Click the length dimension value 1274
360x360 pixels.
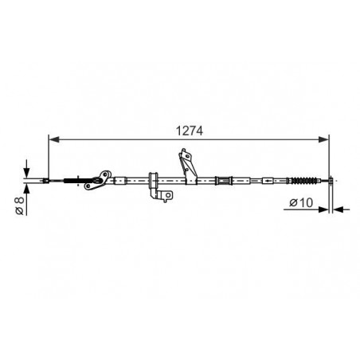coord(190,131)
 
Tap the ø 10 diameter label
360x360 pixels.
coord(301,202)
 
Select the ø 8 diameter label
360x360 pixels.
coord(20,205)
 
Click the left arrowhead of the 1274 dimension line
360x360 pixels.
coord(54,139)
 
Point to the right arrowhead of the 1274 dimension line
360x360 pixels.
coord(324,139)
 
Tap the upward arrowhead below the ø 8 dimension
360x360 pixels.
coord(26,189)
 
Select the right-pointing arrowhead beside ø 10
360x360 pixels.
coord(323,209)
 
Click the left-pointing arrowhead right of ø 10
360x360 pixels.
coord(338,209)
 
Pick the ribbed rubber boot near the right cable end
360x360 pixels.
coord(304,181)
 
